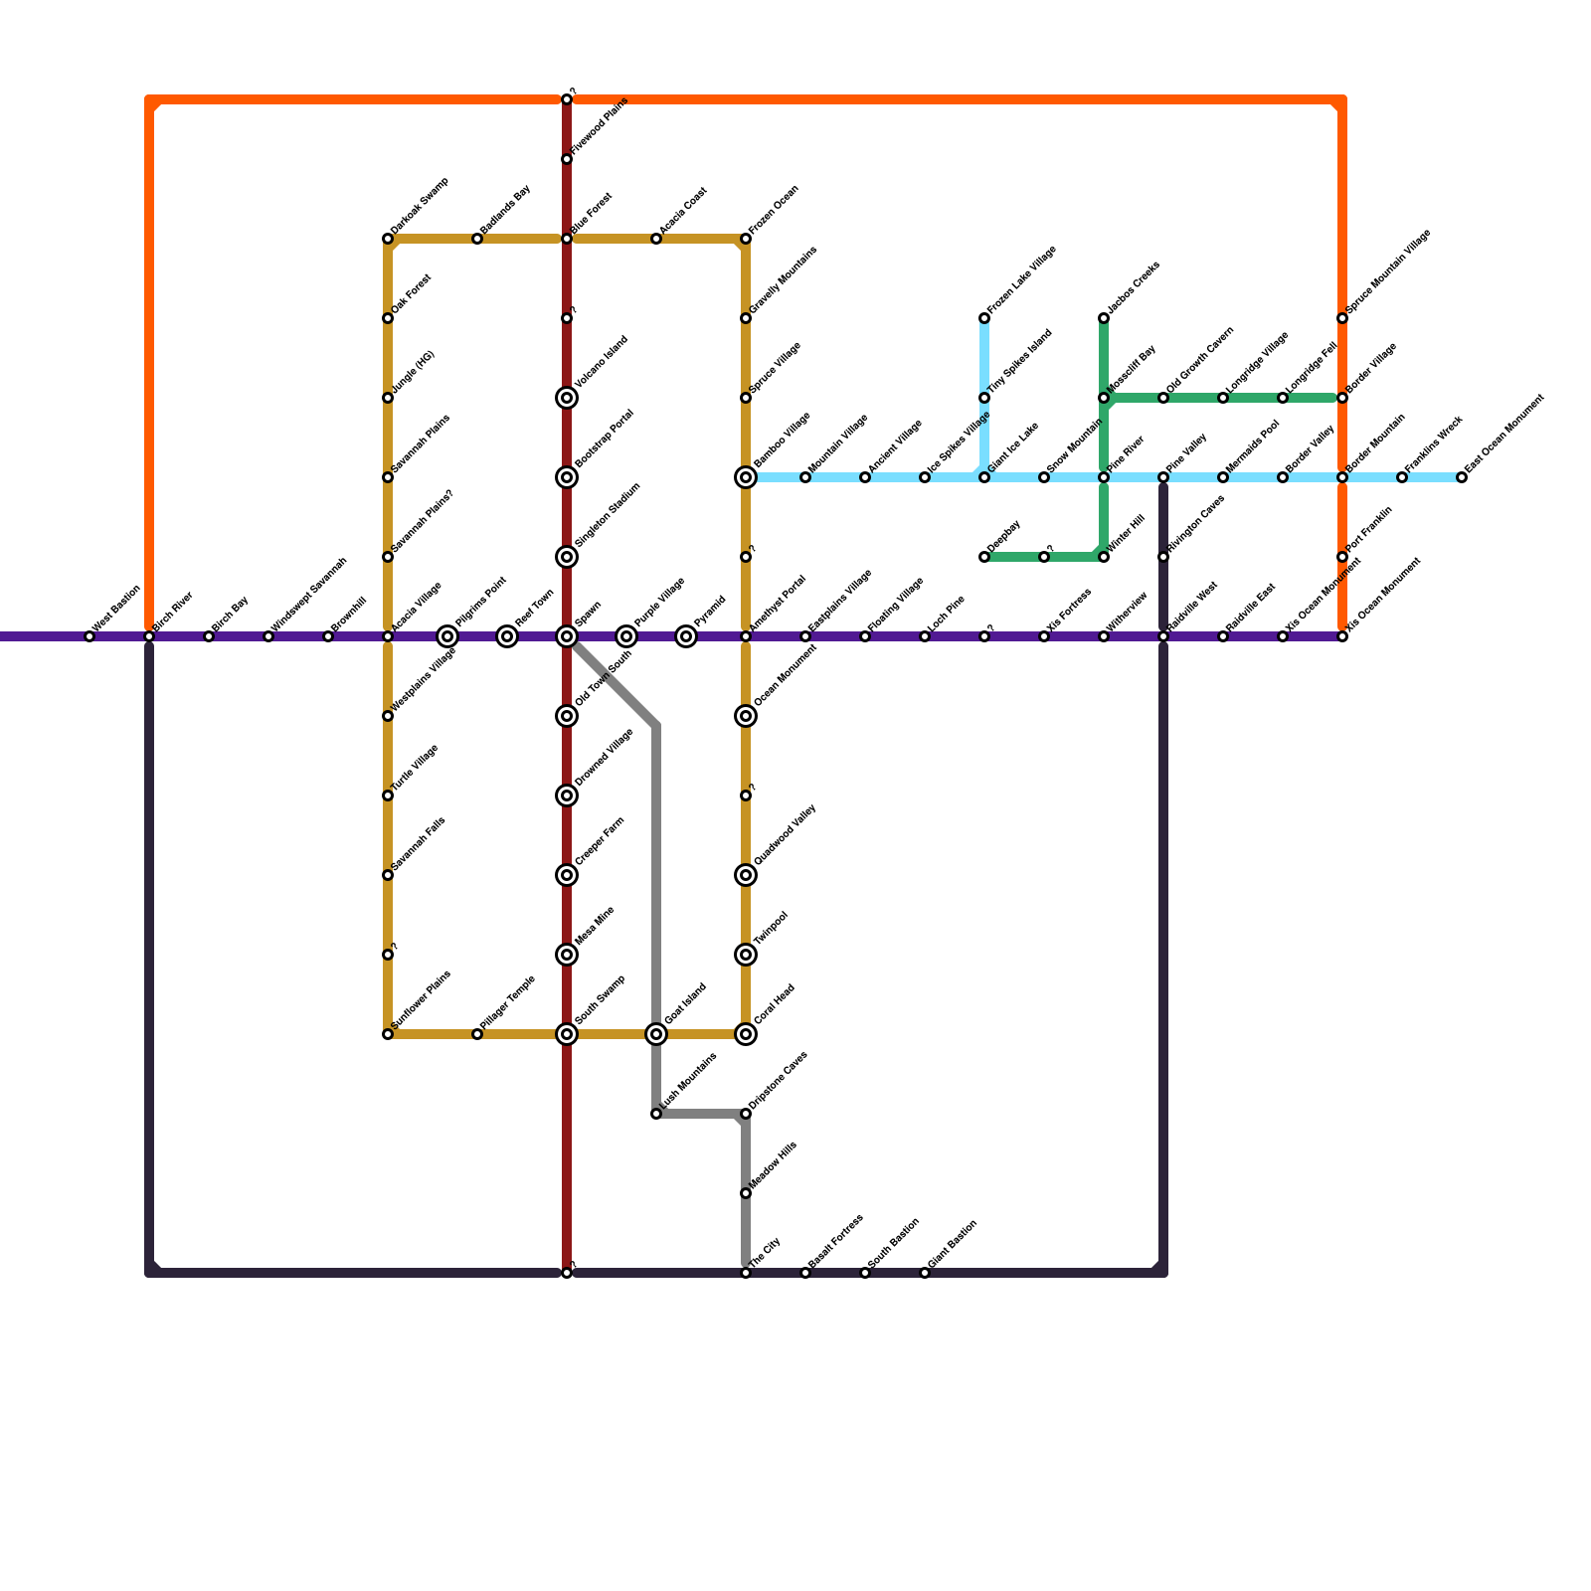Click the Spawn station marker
tap(567, 636)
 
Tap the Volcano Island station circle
tap(567, 398)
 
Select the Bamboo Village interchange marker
tap(746, 477)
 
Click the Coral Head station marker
tap(746, 1034)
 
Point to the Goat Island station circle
tap(656, 1034)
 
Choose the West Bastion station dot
tap(89, 636)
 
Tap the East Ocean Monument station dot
tap(1462, 477)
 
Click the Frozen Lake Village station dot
tap(984, 318)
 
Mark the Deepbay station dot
tap(984, 557)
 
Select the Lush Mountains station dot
tap(656, 1114)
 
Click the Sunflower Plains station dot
tap(388, 1034)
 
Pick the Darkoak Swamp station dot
tap(388, 239)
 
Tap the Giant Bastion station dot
tap(925, 1273)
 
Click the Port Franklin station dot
tap(1342, 557)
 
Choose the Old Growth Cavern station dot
tap(1163, 398)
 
